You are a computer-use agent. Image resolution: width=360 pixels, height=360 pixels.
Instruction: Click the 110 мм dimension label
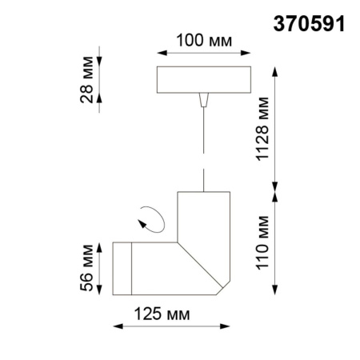pos(264,239)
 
